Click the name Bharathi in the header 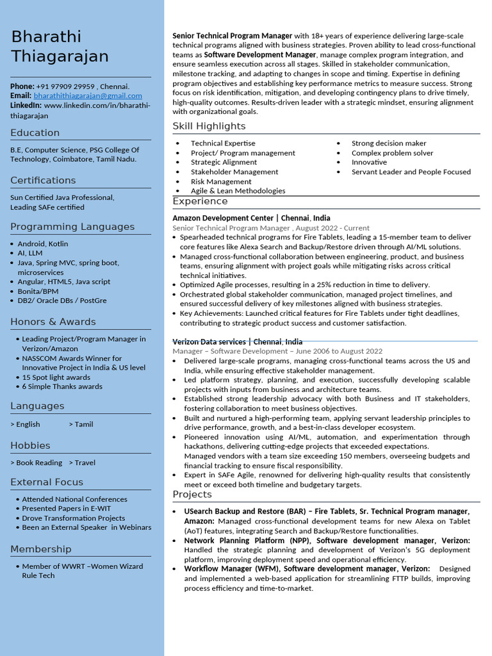point(46,37)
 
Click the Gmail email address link point(88,95)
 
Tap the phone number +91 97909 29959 point(66,86)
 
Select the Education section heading point(35,133)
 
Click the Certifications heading point(43,180)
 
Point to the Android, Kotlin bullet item point(42,243)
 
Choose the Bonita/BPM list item point(38,291)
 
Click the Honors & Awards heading point(53,322)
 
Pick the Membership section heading point(41,549)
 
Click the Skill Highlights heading point(209,126)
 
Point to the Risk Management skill point(221,181)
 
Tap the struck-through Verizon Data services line point(237,341)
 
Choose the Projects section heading point(192,495)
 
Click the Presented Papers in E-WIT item point(67,509)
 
